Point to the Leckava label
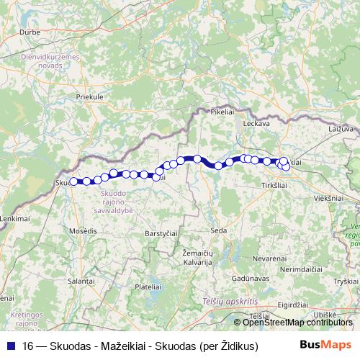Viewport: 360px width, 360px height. [257, 124]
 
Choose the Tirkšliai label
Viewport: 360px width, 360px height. [275, 185]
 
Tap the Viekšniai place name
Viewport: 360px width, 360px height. [328, 197]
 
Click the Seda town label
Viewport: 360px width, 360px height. [219, 230]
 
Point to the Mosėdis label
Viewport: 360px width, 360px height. [84, 230]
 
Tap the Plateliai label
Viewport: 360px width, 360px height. [147, 286]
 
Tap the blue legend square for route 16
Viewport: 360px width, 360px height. [10, 346]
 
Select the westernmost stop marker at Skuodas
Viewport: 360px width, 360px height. [73, 181]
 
